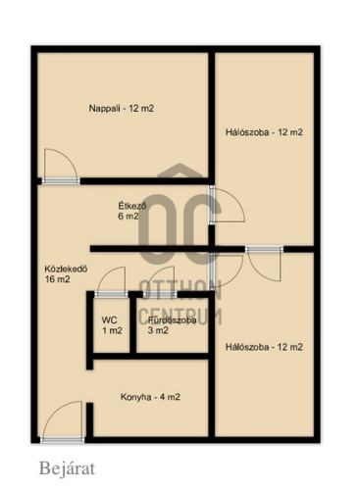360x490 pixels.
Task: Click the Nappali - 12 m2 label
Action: tap(122, 108)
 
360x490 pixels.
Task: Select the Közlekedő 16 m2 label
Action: tap(66, 274)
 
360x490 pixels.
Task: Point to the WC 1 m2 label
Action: tap(112, 325)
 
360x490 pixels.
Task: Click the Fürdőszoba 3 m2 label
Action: tap(172, 325)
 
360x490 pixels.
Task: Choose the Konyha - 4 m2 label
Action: tap(150, 397)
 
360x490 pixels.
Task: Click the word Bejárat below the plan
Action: tap(67, 468)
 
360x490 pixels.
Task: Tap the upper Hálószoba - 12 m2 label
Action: tap(264, 132)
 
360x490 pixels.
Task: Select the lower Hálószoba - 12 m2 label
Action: tap(264, 347)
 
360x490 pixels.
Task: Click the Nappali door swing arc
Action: tap(70, 158)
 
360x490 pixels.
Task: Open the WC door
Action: tap(111, 295)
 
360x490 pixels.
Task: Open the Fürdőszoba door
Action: tap(160, 295)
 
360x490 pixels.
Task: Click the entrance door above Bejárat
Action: tap(62, 439)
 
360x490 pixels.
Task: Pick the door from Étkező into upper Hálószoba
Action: tap(212, 205)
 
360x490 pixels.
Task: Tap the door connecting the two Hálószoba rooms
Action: tap(264, 249)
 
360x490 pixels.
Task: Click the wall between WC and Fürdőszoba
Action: tap(133, 323)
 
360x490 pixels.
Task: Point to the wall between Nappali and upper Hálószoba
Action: tap(212, 116)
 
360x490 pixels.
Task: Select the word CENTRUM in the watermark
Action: tap(180, 316)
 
